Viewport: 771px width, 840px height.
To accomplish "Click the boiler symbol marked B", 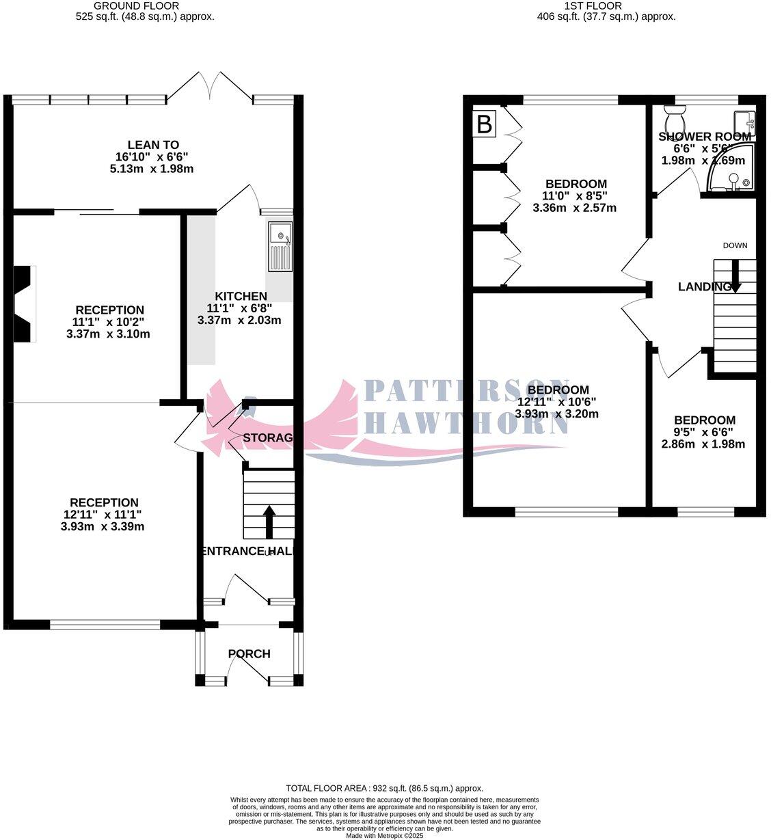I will click(484, 124).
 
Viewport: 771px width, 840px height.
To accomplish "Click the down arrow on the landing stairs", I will click(735, 276).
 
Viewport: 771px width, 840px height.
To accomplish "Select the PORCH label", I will click(249, 653).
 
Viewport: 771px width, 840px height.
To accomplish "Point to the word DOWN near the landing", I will click(735, 245).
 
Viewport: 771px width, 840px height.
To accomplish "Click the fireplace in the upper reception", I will click(25, 303).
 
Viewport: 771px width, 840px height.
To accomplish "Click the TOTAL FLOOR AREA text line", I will click(384, 788).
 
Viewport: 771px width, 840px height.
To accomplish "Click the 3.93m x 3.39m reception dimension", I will click(103, 527).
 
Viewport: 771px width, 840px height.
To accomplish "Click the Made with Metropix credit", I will click(384, 835).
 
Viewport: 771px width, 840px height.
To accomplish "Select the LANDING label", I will click(703, 287).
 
